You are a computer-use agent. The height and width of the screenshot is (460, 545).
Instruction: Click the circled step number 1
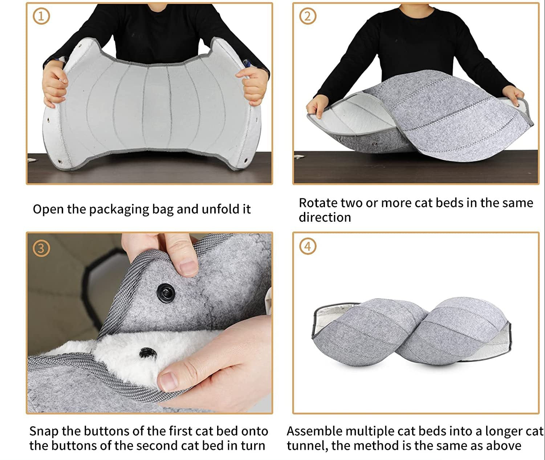click(41, 16)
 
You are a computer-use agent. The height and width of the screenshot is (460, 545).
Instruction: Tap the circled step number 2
click(308, 16)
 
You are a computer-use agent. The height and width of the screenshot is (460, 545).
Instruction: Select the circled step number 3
click(41, 248)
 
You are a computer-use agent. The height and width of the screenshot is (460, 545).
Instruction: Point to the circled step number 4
click(308, 246)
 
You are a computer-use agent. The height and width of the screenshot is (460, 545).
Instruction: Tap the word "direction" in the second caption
click(325, 217)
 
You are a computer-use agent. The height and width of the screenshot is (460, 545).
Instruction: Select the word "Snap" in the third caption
click(44, 431)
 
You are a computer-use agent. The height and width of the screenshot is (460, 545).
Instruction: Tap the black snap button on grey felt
click(166, 291)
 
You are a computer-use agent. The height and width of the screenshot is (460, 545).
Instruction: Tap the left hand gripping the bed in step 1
click(56, 85)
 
